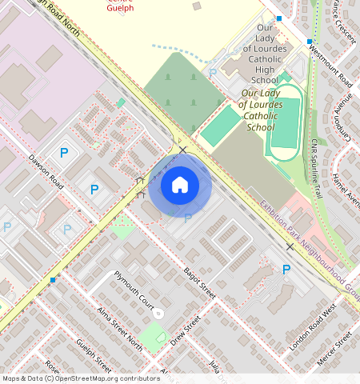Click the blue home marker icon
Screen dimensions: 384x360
(x=180, y=186)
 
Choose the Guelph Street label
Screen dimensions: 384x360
(x=94, y=354)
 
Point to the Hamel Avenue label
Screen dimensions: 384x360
(x=346, y=191)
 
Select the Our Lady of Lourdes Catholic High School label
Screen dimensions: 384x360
(x=265, y=54)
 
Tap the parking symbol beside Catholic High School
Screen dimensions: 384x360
(x=213, y=73)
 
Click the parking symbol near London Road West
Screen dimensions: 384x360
(x=286, y=270)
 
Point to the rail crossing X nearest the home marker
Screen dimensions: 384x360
(x=183, y=150)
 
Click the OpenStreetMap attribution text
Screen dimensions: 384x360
(x=81, y=378)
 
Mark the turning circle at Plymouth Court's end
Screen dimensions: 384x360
(x=158, y=312)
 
